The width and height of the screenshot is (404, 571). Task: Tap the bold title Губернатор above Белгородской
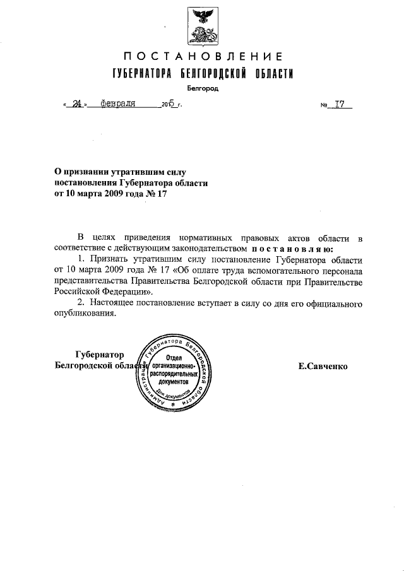click(99, 354)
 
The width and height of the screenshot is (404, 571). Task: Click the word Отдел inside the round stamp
click(174, 359)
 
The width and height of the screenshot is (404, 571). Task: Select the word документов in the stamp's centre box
click(174, 382)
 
